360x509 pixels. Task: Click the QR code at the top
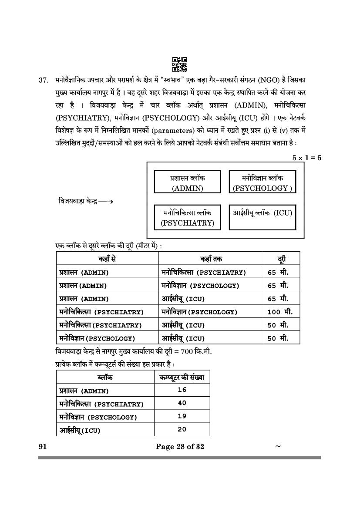[x=180, y=64]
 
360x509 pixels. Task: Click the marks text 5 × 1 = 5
[x=306, y=158]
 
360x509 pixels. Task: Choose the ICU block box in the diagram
[x=262, y=217]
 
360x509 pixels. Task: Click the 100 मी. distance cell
[x=280, y=312]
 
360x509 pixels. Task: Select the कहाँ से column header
[x=107, y=259]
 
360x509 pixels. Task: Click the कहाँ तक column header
[x=211, y=259]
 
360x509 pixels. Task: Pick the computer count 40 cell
[x=182, y=403]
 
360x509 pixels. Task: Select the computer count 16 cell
[x=182, y=390]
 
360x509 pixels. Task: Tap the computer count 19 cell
[x=182, y=416]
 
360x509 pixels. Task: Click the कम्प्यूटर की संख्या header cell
[x=182, y=377]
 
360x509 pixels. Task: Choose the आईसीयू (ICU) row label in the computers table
[x=80, y=430]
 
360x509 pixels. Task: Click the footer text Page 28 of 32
[x=180, y=446]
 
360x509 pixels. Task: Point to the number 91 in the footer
[x=42, y=446]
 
